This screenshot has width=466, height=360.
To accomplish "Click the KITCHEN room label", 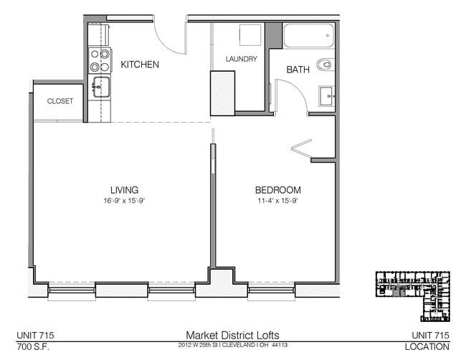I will (139, 65).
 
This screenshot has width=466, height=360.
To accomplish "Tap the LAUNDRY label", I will (241, 59).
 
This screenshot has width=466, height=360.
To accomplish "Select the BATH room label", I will (298, 70).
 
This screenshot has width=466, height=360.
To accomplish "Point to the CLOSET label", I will (60, 101).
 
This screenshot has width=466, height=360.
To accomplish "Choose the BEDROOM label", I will (277, 190).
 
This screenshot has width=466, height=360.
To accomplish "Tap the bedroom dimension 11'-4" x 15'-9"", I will (277, 200).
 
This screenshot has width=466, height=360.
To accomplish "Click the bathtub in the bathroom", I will (308, 35).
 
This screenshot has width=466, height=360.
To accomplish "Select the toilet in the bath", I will (326, 65).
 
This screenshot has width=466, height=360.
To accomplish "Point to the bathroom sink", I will (326, 94).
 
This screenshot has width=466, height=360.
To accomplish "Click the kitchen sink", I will (100, 89).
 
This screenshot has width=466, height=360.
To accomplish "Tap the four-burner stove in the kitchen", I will (100, 60).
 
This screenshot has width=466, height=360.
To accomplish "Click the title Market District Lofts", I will (233, 335).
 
